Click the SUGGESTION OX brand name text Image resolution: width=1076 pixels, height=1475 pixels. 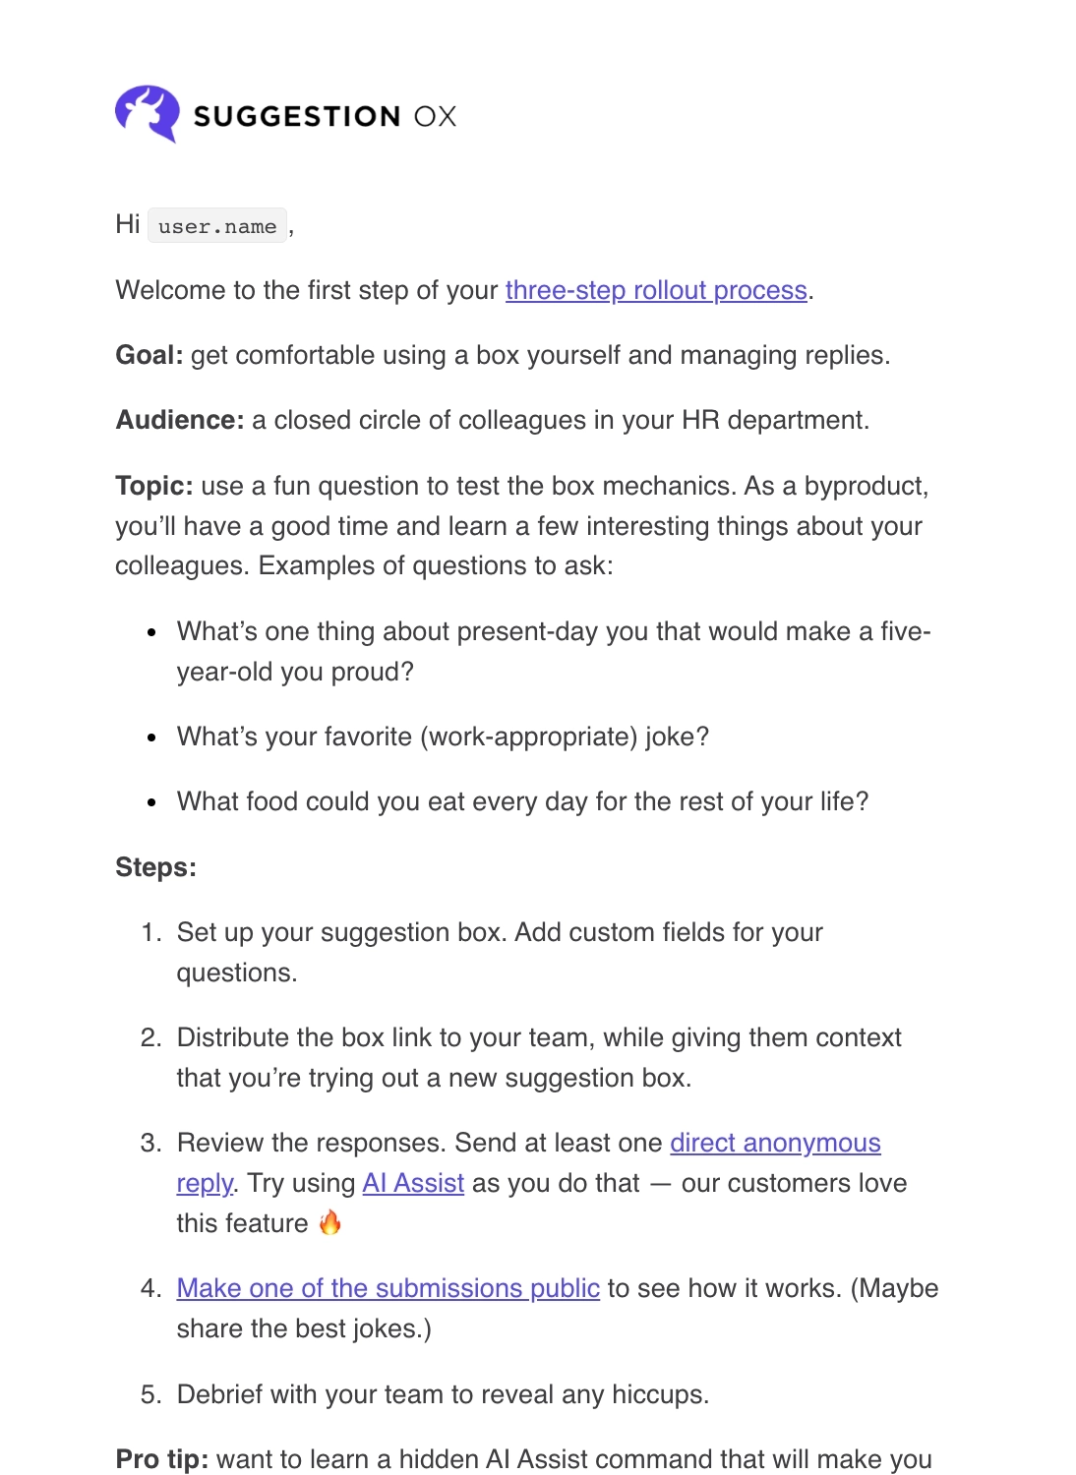(325, 116)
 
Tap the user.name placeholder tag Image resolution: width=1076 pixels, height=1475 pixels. (217, 226)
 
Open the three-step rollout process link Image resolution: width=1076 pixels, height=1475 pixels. (656, 290)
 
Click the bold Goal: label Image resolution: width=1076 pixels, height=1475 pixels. (149, 355)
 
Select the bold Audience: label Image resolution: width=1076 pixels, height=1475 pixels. (180, 420)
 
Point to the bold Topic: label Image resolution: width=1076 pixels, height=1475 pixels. (154, 486)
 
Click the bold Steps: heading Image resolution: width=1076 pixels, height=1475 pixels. (155, 867)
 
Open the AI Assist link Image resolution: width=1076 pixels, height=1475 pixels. (413, 1183)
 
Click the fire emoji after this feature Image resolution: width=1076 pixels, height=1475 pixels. (330, 1222)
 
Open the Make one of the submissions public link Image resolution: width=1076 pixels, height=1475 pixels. (388, 1288)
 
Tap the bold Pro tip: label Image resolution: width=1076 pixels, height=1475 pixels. (162, 1459)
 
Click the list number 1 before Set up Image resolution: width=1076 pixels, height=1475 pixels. (149, 932)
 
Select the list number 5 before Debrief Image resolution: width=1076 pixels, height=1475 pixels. (149, 1394)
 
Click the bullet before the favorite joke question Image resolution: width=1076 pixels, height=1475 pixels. (151, 737)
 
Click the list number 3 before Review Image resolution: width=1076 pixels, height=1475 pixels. (149, 1143)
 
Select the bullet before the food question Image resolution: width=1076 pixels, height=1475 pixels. (151, 802)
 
